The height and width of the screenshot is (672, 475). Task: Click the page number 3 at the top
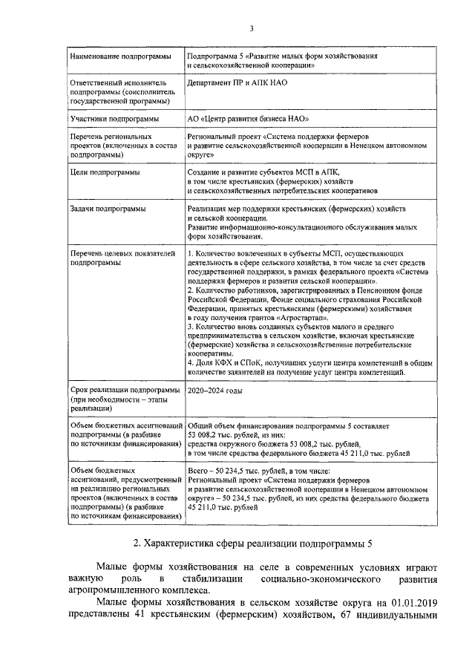point(252,29)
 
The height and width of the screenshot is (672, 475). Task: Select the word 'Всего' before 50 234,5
point(199,471)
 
